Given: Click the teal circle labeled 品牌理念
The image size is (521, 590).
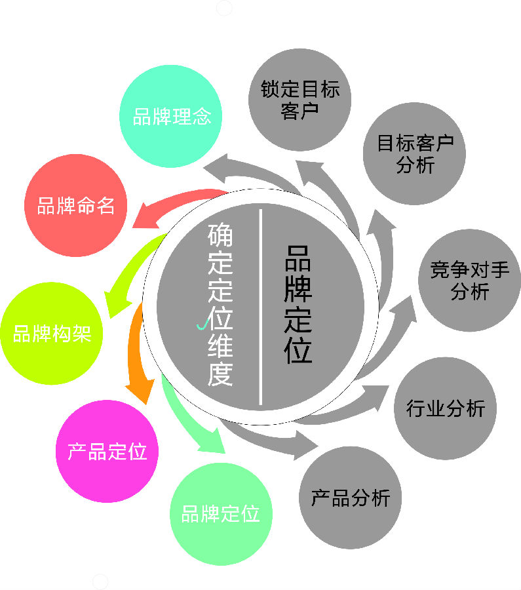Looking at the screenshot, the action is click(x=171, y=116).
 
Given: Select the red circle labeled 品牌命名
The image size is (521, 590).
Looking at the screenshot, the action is click(x=75, y=205).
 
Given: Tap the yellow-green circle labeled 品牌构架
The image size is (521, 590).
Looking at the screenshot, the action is click(x=52, y=334).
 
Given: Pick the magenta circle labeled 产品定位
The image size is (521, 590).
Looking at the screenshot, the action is click(x=107, y=451).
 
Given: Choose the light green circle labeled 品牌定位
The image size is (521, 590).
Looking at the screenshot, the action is click(x=222, y=514).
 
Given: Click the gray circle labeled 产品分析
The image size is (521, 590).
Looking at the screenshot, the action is click(x=350, y=498).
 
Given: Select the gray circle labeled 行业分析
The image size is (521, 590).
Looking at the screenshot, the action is click(x=446, y=408).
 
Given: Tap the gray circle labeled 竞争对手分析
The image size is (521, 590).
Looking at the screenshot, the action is click(x=469, y=281).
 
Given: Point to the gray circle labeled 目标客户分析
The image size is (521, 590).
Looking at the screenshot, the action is click(x=415, y=153).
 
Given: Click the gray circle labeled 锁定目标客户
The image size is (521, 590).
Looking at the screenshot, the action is click(x=299, y=100).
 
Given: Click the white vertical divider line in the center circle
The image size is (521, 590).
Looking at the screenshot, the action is click(x=260, y=307).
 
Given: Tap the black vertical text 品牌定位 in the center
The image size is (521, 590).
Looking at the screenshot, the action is click(x=298, y=304).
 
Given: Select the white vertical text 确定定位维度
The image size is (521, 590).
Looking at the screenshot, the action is click(x=220, y=304).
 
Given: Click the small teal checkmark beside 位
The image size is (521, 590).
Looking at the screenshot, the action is click(x=202, y=325).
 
